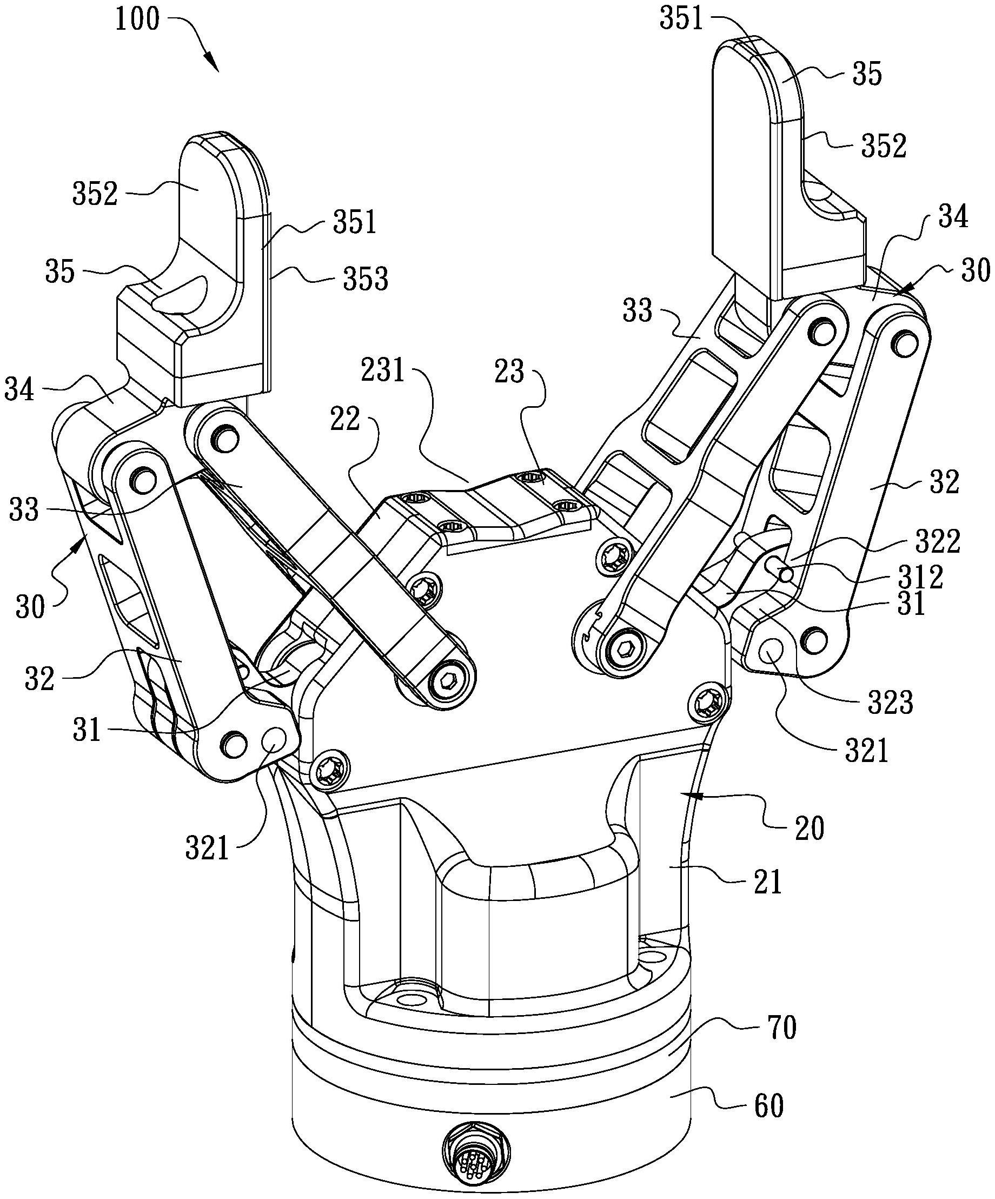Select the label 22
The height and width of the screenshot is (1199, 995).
pyautogui.click(x=345, y=419)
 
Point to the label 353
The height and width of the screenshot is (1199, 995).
pyautogui.click(x=366, y=280)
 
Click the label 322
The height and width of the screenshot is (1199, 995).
pyautogui.click(x=938, y=541)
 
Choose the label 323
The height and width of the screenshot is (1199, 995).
pyautogui.click(x=890, y=701)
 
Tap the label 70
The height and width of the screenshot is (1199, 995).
pyautogui.click(x=781, y=1028)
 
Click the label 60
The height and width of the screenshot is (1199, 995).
pyautogui.click(x=768, y=1106)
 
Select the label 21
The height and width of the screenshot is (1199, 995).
pyautogui.click(x=767, y=882)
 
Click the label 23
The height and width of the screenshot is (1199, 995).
pyautogui.click(x=509, y=372)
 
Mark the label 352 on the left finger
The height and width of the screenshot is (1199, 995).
pyautogui.click(x=95, y=194)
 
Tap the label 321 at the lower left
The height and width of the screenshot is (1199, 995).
pyautogui.click(x=207, y=848)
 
